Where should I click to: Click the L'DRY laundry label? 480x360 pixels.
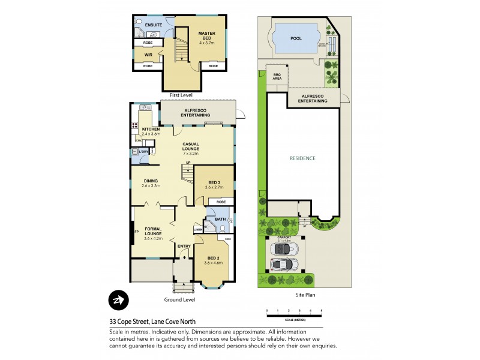143,152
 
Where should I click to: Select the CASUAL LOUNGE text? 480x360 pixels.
194,144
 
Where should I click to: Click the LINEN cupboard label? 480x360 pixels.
198,229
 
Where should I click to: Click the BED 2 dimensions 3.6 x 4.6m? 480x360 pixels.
213,263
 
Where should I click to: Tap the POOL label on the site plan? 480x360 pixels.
296,38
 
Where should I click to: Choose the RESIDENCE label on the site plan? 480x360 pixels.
302,158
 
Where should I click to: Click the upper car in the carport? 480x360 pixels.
284,247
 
